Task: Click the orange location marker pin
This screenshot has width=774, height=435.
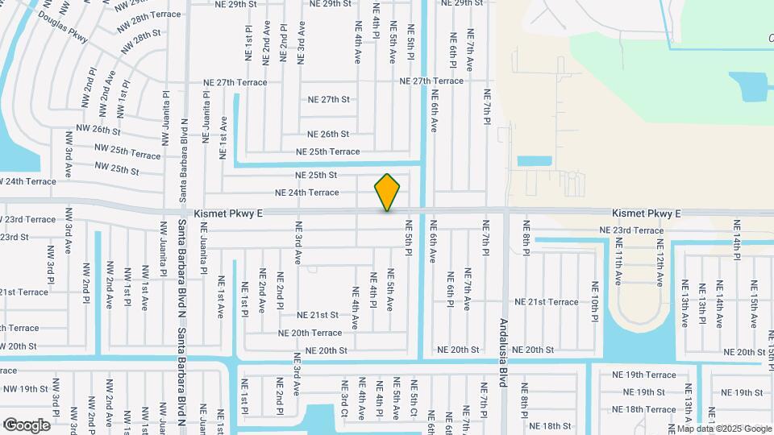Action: pos(387,192)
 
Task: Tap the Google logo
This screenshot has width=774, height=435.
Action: pos(27,425)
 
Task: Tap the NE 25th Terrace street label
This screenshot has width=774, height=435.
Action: pos(327,151)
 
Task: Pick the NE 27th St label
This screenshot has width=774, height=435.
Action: pos(329,100)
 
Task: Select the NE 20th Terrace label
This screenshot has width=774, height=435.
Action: pos(310,333)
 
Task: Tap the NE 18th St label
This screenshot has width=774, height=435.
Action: pos(551,425)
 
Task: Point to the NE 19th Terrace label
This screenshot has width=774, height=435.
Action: pos(643,375)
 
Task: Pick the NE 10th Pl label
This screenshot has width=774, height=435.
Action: pos(595,298)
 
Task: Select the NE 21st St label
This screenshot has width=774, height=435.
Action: pos(318,315)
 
